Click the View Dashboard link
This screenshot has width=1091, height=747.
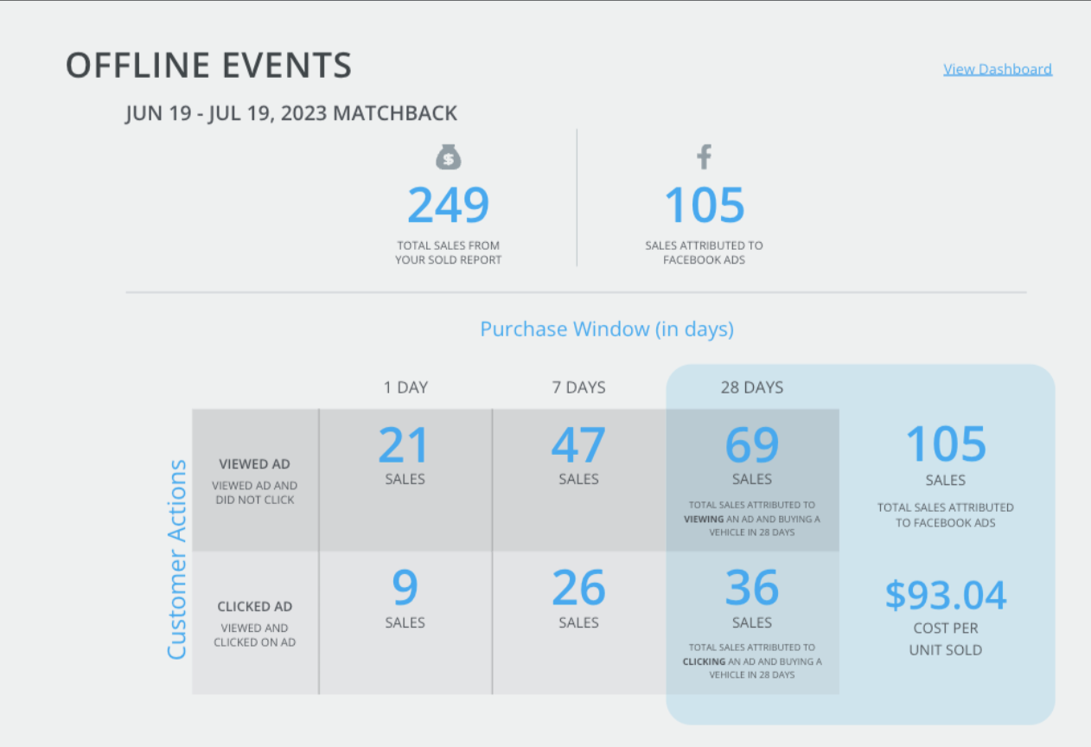click(998, 70)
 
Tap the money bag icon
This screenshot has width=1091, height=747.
click(448, 156)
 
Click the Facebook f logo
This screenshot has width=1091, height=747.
click(704, 156)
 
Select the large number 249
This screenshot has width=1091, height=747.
click(448, 205)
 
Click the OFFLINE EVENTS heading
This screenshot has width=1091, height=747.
click(208, 65)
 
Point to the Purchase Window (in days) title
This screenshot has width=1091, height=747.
click(607, 329)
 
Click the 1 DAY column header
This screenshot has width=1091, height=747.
click(405, 387)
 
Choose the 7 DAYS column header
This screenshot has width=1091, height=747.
click(578, 387)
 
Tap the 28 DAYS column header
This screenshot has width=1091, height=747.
click(752, 387)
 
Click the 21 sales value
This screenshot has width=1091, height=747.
click(405, 444)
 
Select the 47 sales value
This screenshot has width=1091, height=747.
click(578, 444)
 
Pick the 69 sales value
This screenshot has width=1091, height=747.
click(752, 444)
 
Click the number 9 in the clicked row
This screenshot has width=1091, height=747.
click(405, 587)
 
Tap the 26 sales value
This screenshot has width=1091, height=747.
click(578, 587)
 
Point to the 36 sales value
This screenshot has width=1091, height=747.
click(752, 587)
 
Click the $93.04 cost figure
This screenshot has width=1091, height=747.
click(946, 595)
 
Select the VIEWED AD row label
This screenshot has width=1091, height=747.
click(254, 464)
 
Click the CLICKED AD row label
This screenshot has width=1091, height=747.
click(254, 607)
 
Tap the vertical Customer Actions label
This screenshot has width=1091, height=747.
click(176, 559)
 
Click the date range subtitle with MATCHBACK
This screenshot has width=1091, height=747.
click(291, 113)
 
